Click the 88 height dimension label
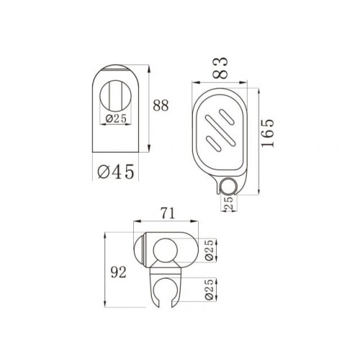161,105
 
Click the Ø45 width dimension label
116,171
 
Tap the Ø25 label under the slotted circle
116,119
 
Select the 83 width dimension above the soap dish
220,68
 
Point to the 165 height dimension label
267,132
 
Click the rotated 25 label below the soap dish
229,203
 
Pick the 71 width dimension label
168,213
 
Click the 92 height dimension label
118,272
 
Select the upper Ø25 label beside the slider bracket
210,250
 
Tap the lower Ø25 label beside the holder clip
210,289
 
